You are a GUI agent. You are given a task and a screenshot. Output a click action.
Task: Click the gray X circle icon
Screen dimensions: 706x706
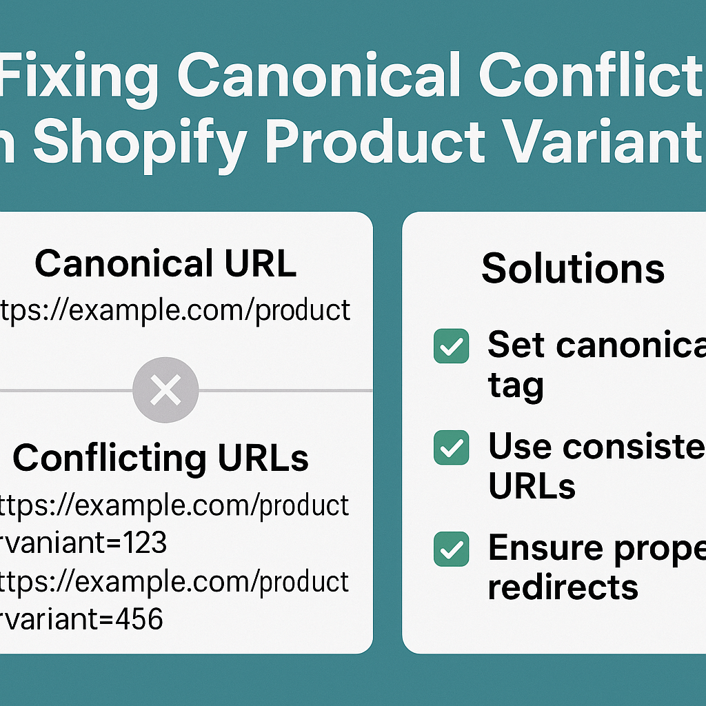pos(165,390)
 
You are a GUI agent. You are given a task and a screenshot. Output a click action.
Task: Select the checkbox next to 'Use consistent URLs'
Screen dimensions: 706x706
pos(452,448)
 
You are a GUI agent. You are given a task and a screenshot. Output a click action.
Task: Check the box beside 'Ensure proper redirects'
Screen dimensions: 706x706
pos(452,549)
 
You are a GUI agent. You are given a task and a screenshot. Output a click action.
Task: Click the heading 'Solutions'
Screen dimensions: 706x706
pos(573,269)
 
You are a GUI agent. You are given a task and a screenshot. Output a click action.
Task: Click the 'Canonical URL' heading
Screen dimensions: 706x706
pos(165,263)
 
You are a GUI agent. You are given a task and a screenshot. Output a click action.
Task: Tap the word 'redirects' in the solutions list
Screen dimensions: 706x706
pos(563,587)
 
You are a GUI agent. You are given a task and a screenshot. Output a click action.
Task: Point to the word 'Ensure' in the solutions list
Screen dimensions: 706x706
pos(538,549)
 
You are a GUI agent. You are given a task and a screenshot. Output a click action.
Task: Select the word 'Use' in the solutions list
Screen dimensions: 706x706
pos(518,447)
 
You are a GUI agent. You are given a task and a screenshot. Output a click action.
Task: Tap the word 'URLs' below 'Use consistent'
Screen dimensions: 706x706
pos(532,487)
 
